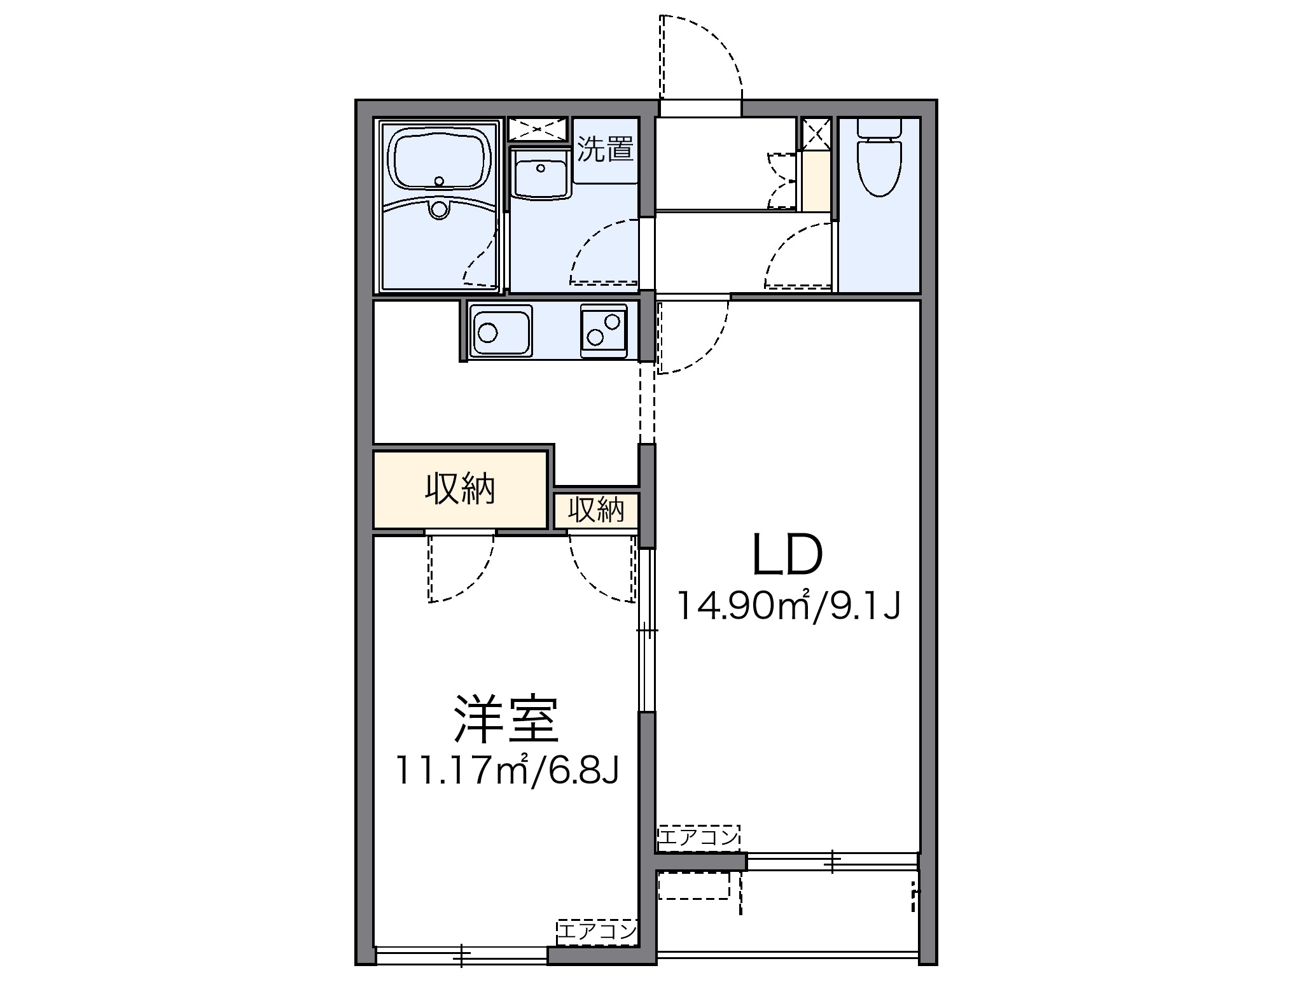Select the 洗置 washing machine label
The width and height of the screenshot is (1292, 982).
point(605,150)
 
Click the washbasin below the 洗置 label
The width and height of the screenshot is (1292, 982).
point(540,178)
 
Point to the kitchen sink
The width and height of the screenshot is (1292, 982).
point(500,331)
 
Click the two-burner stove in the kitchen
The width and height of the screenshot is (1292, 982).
point(603,331)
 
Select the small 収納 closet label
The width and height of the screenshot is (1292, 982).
point(595,510)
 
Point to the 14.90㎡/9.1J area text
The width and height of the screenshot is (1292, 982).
point(788,605)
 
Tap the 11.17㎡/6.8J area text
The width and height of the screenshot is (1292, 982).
point(506,771)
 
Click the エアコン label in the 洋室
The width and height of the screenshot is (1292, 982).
point(597,932)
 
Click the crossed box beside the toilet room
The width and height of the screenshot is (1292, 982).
point(816,134)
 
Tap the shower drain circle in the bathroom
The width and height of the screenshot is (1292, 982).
point(439,208)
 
